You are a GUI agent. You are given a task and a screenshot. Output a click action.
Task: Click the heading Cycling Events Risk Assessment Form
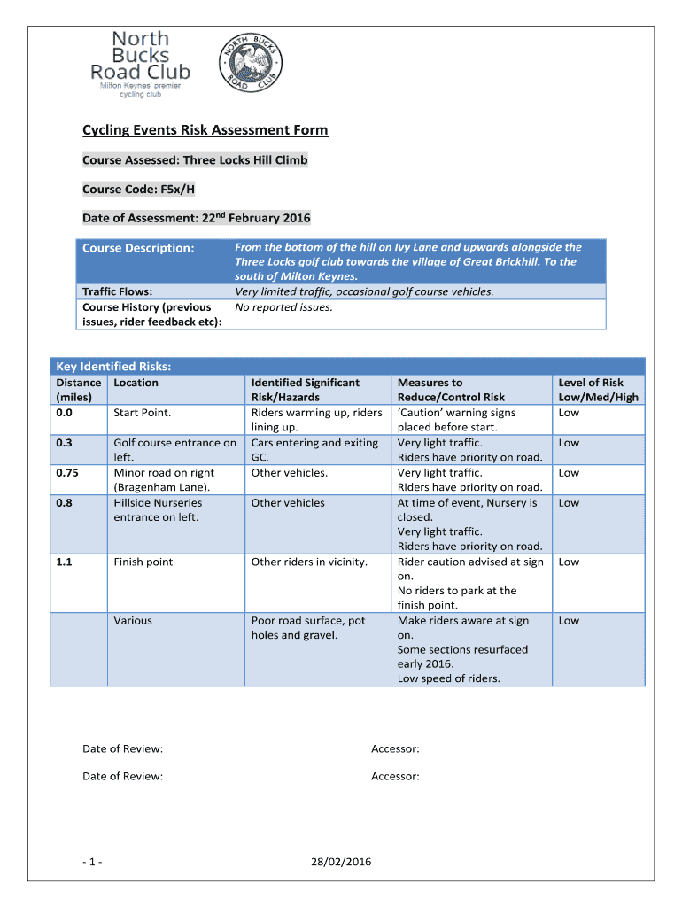click(x=205, y=130)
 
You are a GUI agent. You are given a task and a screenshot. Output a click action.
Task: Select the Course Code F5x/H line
click(x=139, y=190)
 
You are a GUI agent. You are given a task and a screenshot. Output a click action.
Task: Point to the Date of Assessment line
click(x=197, y=218)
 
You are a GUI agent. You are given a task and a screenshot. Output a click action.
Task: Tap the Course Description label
click(x=137, y=248)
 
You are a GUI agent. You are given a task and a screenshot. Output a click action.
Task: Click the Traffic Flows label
click(x=118, y=291)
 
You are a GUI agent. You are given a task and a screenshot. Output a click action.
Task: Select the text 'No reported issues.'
click(x=283, y=307)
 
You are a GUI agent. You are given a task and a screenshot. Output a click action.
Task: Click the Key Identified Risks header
click(x=113, y=367)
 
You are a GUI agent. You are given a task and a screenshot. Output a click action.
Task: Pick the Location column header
click(x=136, y=383)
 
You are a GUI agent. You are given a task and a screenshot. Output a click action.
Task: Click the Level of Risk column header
click(x=590, y=390)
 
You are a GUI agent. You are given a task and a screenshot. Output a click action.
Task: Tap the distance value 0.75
click(x=67, y=473)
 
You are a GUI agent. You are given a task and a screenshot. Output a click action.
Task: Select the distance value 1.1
click(x=65, y=562)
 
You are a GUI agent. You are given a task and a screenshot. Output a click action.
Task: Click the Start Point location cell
click(x=142, y=413)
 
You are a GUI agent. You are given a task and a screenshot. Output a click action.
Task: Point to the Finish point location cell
click(x=143, y=562)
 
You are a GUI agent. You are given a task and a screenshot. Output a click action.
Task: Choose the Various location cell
click(x=133, y=621)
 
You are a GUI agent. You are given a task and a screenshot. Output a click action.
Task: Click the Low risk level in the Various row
click(x=569, y=621)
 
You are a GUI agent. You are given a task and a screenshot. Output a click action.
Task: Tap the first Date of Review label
click(x=123, y=749)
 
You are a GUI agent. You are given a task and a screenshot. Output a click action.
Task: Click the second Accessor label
click(x=395, y=777)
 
